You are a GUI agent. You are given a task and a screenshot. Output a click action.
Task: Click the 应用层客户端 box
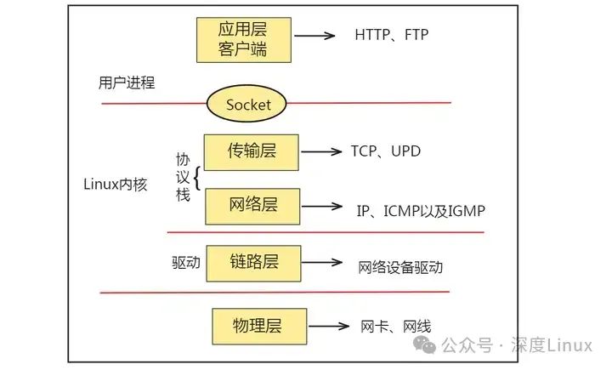pos(243,39)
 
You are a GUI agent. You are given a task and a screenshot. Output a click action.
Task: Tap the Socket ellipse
pos(248,105)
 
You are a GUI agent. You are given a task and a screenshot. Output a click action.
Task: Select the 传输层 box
pos(252,151)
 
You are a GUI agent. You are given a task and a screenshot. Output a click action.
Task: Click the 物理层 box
pos(257,325)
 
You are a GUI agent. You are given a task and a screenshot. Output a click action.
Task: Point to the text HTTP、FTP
pos(392,35)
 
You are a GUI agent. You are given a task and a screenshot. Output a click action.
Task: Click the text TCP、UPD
pos(385,151)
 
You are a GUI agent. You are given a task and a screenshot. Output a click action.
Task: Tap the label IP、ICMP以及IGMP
pos(421,209)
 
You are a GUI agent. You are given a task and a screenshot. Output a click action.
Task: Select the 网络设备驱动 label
pos(399,266)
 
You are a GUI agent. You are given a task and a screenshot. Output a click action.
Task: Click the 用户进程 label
pos(125,83)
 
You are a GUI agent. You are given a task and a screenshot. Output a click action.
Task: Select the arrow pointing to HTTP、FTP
pos(315,36)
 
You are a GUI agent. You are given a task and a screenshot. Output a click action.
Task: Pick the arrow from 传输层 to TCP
pos(320,152)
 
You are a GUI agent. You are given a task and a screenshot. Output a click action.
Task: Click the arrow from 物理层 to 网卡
pos(327,326)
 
